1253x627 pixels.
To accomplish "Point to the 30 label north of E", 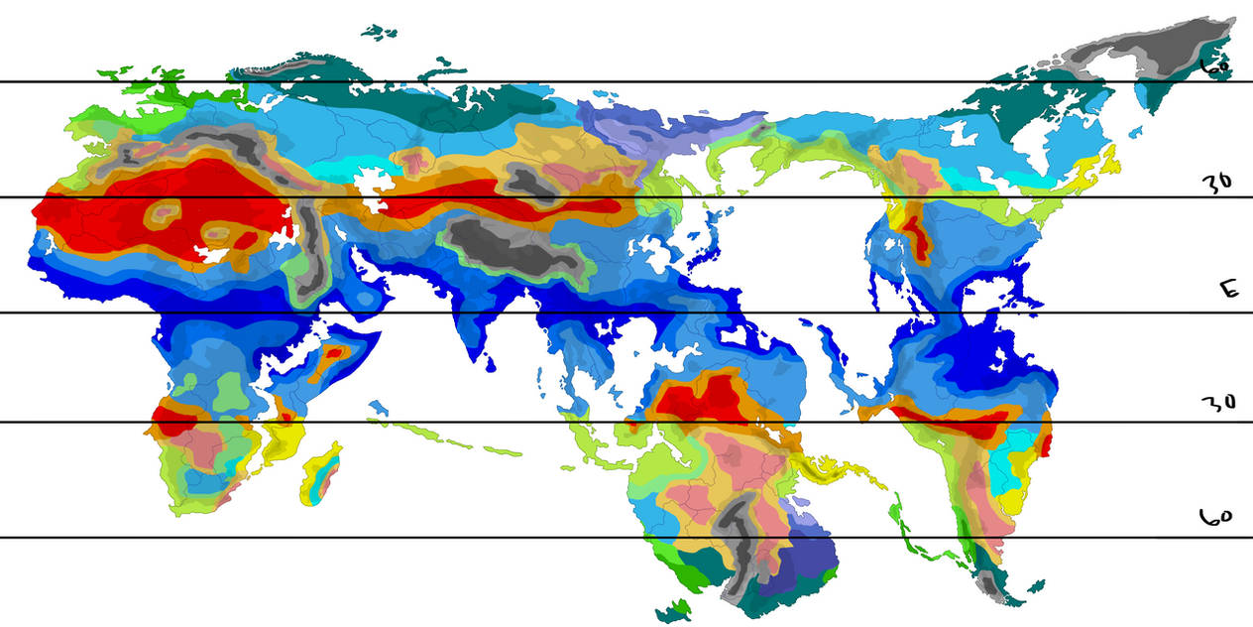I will click(x=1216, y=183).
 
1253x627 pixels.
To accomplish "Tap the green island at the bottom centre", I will click(x=677, y=608).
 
